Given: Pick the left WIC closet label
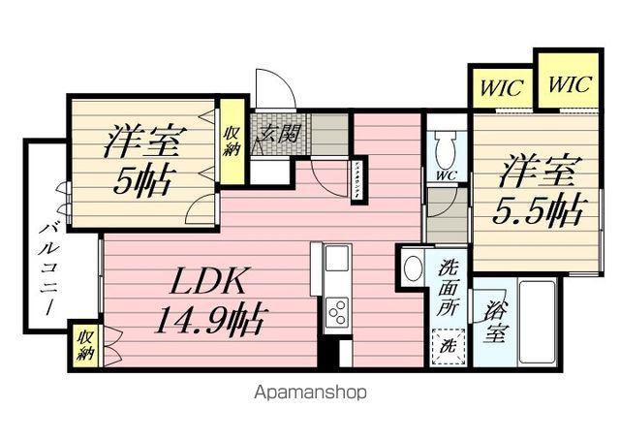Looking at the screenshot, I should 501,89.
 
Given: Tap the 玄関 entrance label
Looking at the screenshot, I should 277,134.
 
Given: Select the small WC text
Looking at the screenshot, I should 446,175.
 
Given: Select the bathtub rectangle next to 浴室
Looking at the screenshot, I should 539,320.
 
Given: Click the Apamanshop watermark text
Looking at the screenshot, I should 310,394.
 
